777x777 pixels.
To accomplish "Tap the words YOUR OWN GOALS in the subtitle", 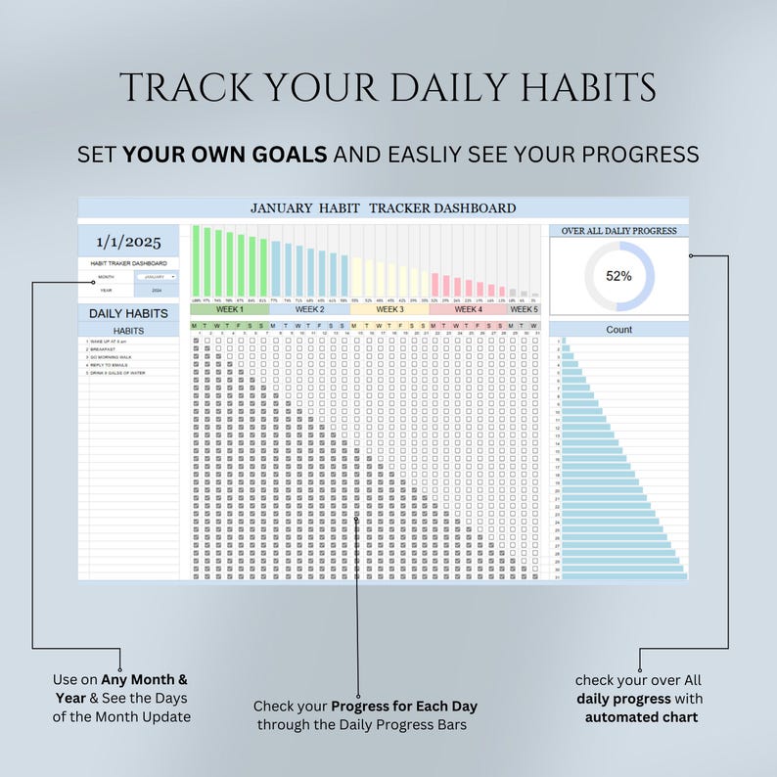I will (225, 155).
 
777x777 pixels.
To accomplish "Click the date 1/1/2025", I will (128, 241).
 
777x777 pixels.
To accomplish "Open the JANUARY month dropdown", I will (157, 277).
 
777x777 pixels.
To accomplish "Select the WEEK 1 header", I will (229, 309).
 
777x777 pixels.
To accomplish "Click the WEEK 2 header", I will (309, 309).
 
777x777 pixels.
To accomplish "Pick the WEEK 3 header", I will (389, 309).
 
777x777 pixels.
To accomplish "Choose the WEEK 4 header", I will (468, 309).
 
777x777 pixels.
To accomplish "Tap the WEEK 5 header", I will (524, 309).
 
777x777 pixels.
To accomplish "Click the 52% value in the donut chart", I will (618, 276).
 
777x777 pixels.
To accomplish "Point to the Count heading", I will (618, 330).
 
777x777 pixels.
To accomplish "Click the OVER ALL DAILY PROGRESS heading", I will (618, 231).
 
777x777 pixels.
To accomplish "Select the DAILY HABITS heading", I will (128, 313).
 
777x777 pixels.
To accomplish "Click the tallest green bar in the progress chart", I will (196, 260).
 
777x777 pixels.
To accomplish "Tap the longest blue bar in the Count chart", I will (622, 576).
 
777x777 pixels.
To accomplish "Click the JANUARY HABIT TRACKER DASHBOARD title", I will (383, 207).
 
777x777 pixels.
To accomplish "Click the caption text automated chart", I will (641, 716).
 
